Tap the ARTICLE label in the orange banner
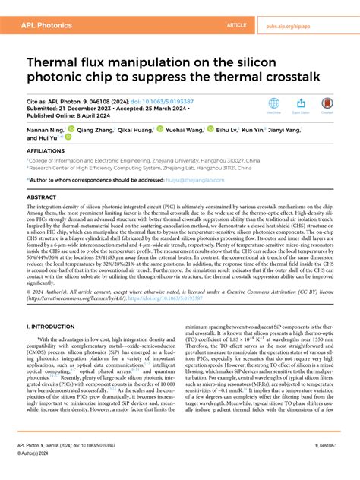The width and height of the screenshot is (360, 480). click(238, 25)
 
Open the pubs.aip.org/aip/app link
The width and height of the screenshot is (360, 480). click(310, 25)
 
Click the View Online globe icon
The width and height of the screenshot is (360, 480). click(275, 104)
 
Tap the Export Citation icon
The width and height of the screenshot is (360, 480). click(302, 104)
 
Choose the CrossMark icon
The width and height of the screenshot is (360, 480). click(328, 104)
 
